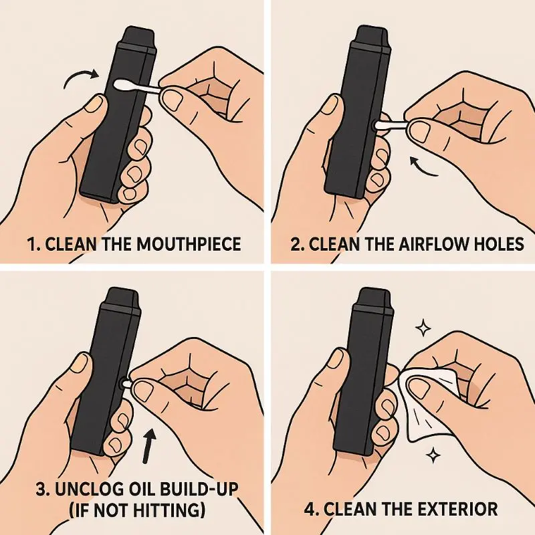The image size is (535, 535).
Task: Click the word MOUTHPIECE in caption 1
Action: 189,245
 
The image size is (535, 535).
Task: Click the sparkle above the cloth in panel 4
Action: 423,328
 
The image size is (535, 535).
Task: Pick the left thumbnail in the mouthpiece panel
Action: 94,104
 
